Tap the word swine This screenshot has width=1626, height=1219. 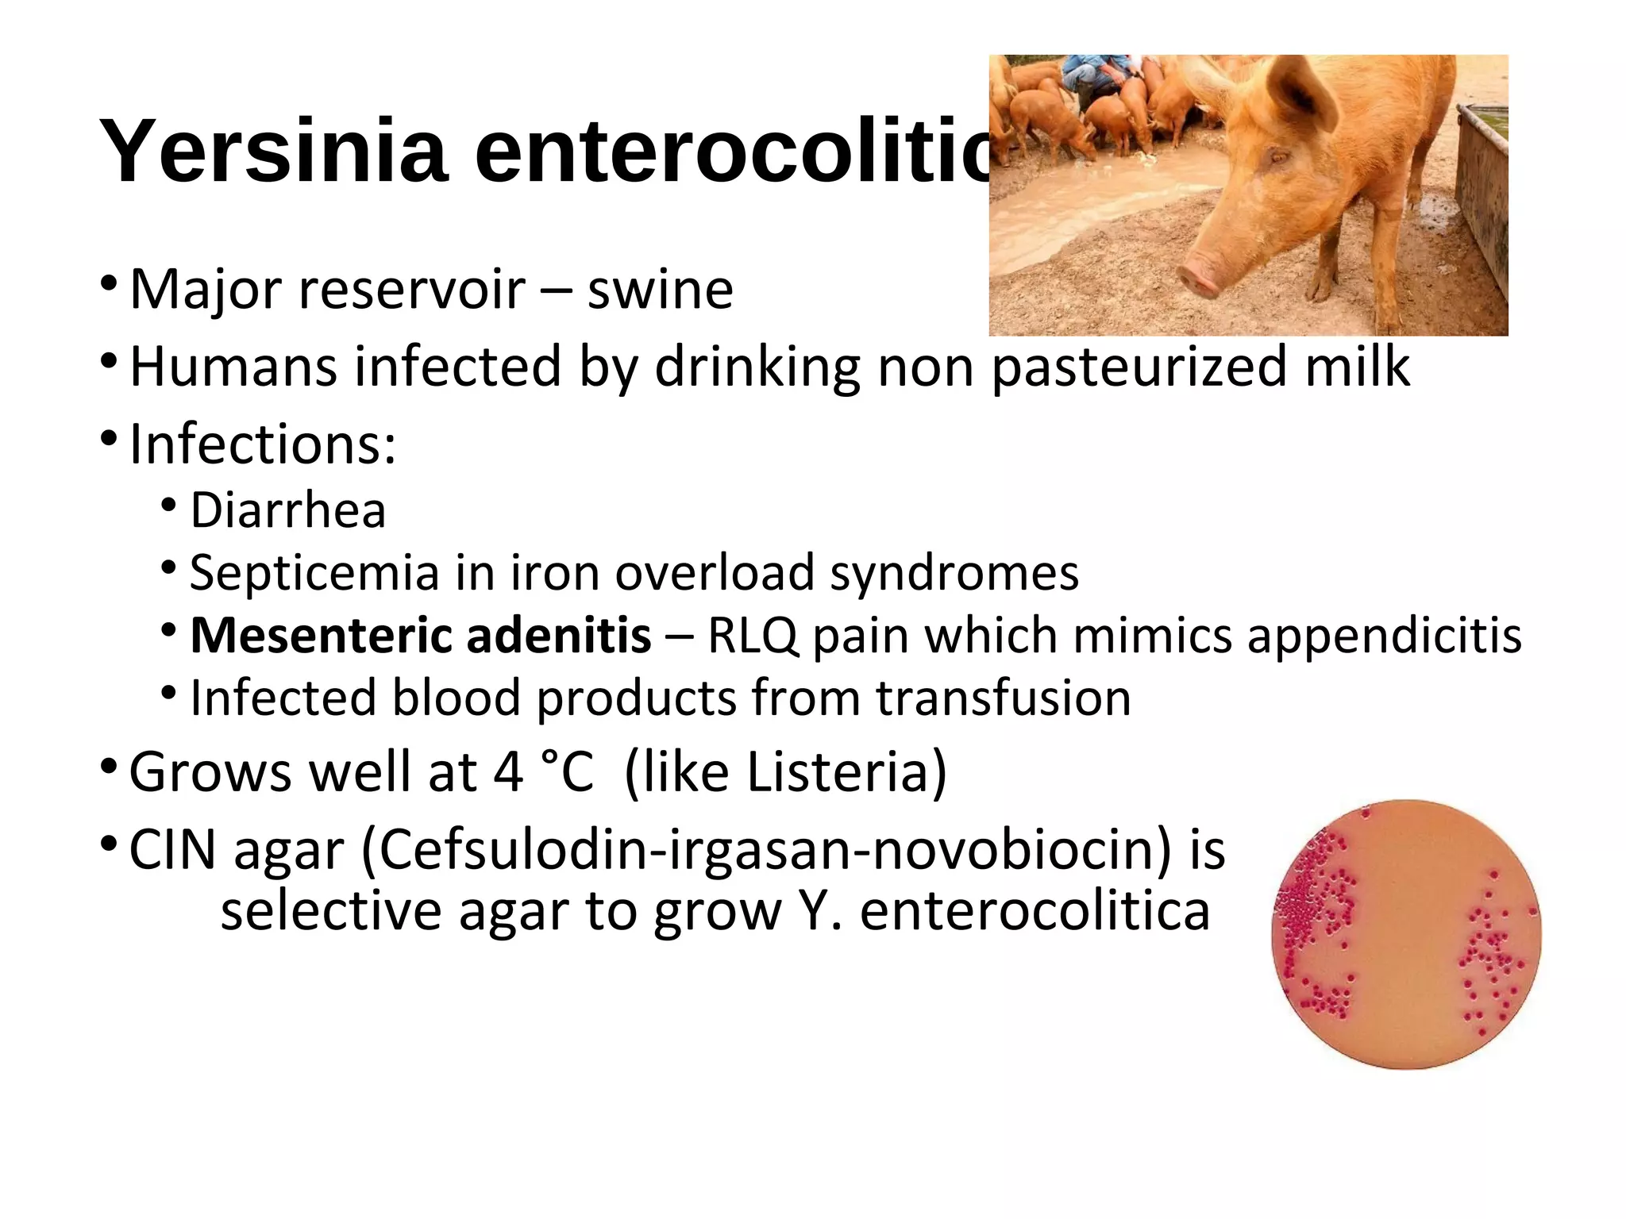tap(660, 290)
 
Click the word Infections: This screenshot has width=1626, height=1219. tap(262, 444)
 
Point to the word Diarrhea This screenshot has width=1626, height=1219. tap(287, 510)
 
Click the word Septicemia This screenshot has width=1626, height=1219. tap(314, 572)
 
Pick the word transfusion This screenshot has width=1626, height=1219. tap(1004, 698)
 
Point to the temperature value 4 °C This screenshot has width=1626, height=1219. tap(544, 771)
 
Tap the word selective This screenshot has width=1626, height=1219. tap(330, 910)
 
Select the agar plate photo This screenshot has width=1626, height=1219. tap(1406, 934)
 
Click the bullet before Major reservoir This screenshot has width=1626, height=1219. tap(110, 283)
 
